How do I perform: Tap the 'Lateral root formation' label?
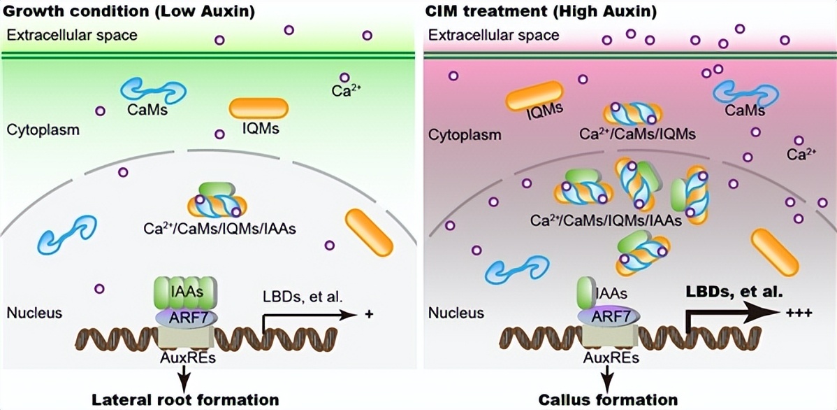(x=186, y=400)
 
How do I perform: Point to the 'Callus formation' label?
(x=608, y=400)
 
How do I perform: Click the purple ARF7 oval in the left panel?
(x=186, y=316)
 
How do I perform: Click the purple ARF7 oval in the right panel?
(x=608, y=316)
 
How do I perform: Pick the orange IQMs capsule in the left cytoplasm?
(x=259, y=107)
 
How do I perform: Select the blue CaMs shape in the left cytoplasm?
(x=154, y=91)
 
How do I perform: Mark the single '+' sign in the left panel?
(x=369, y=315)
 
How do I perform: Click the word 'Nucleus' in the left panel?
(x=34, y=313)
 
